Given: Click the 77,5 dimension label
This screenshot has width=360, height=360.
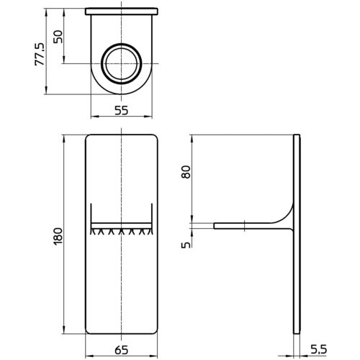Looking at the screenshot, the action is click(x=40, y=54).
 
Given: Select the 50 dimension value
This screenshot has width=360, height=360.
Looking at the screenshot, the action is click(x=58, y=37).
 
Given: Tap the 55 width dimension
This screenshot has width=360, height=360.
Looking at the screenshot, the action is click(x=122, y=111).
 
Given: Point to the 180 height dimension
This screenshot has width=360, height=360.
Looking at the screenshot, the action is click(x=58, y=236).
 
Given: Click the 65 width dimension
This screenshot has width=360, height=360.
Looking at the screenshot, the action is click(x=122, y=350).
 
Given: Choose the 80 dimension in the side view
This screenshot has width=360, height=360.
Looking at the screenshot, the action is click(x=186, y=172).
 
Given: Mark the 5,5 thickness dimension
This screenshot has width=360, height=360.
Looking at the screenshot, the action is click(x=318, y=350).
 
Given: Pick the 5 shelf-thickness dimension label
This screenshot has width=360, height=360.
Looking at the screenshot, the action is click(x=186, y=245).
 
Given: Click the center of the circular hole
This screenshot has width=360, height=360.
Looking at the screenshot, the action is click(x=122, y=63).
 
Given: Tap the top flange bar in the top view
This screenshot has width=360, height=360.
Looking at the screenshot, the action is click(x=122, y=12).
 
